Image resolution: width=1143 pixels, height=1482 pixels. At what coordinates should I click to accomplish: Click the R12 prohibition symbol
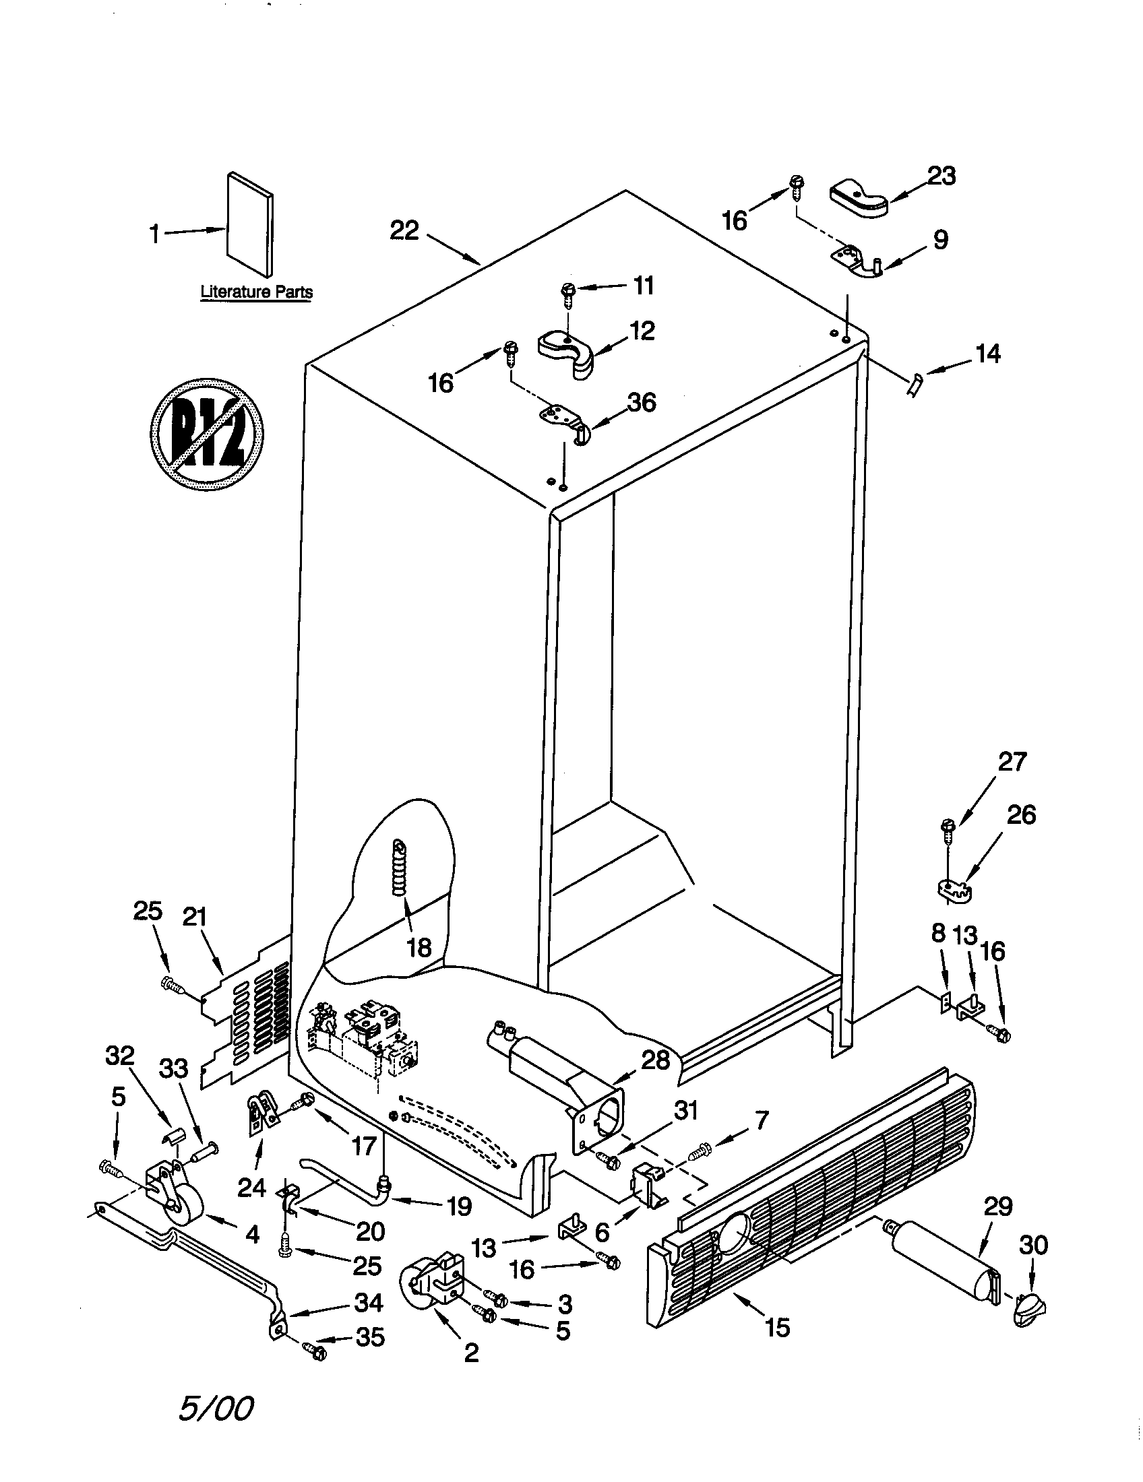[206, 434]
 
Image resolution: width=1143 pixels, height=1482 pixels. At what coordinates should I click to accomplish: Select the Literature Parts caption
[257, 292]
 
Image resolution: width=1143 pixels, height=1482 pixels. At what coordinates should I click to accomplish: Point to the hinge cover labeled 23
[858, 197]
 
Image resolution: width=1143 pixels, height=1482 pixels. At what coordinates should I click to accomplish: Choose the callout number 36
[642, 402]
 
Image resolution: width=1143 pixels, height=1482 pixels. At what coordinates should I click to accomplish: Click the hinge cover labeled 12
[567, 350]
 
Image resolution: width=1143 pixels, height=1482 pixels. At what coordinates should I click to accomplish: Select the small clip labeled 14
[914, 385]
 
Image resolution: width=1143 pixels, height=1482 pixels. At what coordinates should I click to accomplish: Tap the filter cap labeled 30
[1029, 1320]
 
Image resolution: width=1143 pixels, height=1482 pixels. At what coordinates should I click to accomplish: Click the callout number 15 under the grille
[778, 1327]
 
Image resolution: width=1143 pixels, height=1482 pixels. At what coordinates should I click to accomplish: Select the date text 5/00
[216, 1404]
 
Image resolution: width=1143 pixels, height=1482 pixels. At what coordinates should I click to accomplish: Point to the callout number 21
[194, 917]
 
